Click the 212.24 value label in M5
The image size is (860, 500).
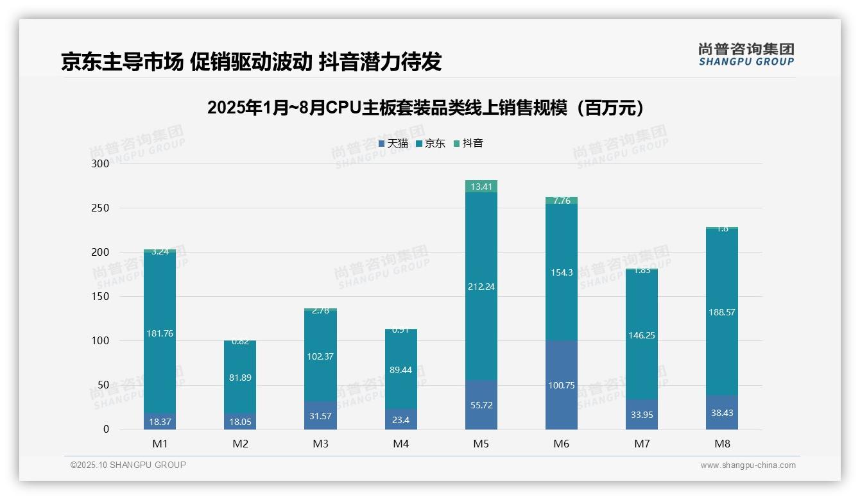point(481,287)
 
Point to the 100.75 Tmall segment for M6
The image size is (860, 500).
point(562,385)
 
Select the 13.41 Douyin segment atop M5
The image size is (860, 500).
point(481,187)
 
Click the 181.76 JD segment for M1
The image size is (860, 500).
point(160,333)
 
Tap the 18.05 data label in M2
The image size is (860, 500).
point(240,421)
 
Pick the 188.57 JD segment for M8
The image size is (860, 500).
point(722,312)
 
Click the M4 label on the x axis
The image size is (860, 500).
point(400,444)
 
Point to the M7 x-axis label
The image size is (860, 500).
point(642,444)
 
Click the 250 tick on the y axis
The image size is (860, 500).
point(101,208)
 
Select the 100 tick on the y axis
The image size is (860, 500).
point(101,341)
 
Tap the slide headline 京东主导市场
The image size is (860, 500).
point(251,62)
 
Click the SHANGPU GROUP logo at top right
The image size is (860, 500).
point(746,54)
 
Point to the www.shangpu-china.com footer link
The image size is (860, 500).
point(748,465)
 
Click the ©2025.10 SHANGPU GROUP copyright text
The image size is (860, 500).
point(128,465)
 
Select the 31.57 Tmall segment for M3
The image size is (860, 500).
point(320,415)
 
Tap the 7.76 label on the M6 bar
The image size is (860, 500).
point(562,201)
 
